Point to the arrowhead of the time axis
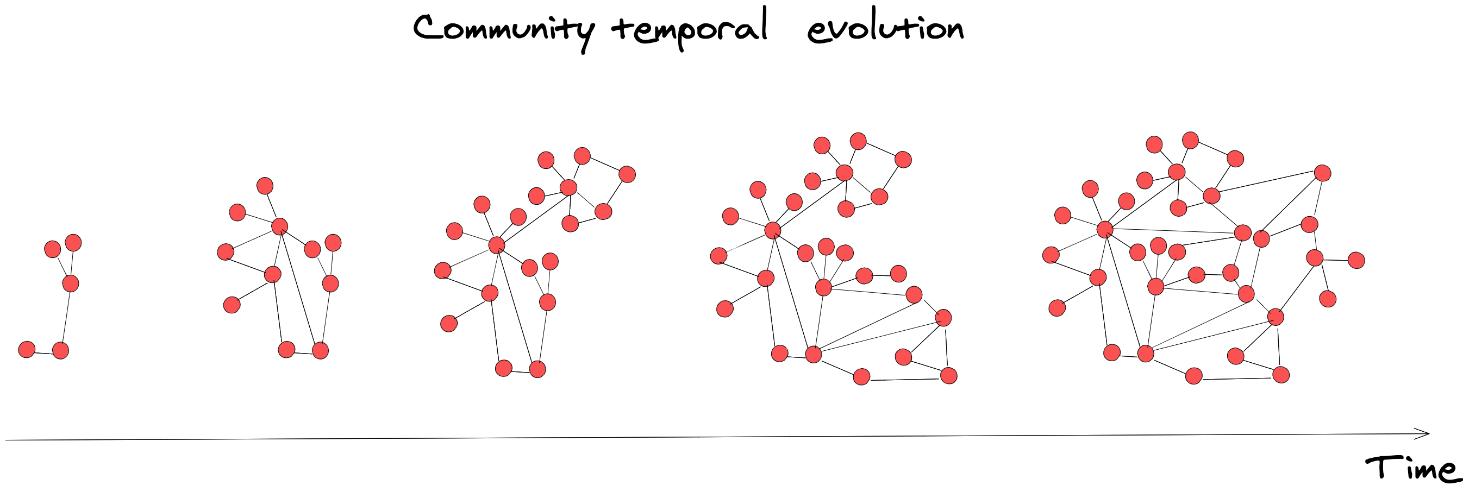(1426, 434)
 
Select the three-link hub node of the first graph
(71, 283)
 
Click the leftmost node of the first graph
(27, 349)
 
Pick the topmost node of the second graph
(265, 186)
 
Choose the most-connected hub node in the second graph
(279, 226)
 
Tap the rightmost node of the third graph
(627, 174)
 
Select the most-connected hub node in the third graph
(497, 245)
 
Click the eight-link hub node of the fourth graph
(772, 230)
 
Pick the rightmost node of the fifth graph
(1356, 260)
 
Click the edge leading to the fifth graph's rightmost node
(1336, 260)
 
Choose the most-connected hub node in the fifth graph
(1105, 229)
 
